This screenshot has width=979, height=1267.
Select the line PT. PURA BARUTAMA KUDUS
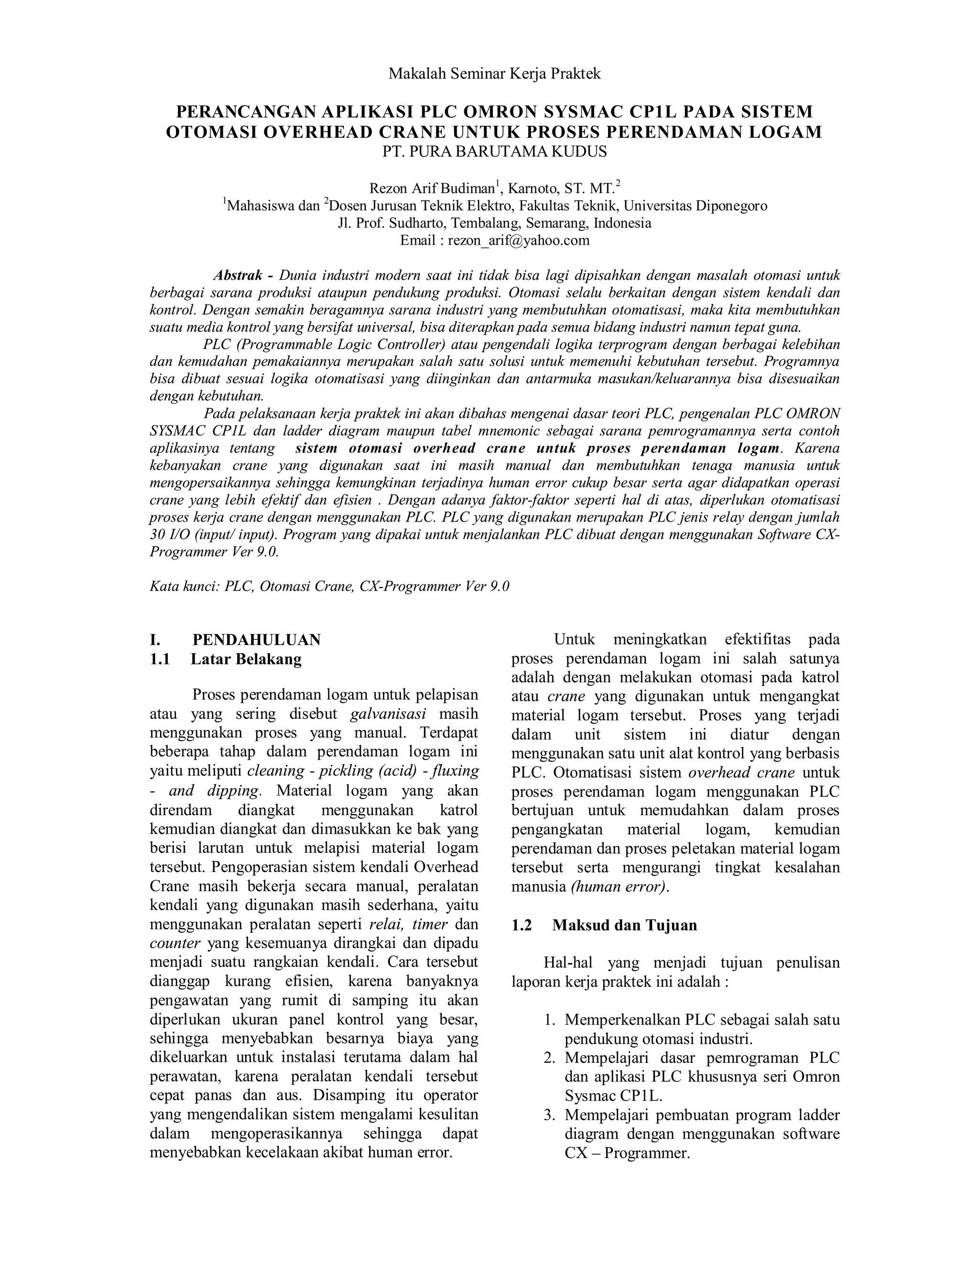494,152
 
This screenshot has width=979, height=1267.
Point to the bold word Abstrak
238,275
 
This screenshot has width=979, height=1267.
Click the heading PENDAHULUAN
256,640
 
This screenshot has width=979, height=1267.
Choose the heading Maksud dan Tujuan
625,925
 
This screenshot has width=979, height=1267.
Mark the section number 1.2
522,925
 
